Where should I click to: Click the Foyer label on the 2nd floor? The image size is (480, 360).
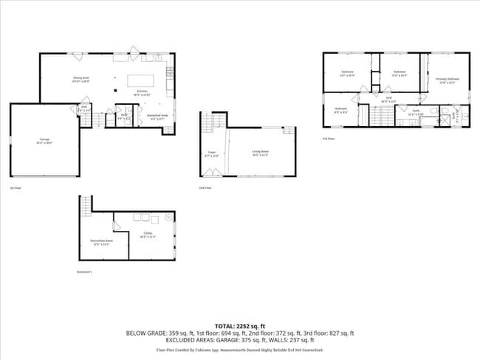211,155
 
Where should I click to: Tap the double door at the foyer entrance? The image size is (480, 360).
212,173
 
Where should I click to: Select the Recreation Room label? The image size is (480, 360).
102,241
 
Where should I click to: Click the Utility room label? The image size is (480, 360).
148,236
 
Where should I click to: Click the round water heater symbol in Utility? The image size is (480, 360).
168,218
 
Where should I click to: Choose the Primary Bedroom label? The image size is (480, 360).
447,80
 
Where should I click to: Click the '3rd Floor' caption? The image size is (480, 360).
329,139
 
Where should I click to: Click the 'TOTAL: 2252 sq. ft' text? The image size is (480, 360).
239,325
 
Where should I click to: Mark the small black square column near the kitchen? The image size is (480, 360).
116,91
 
